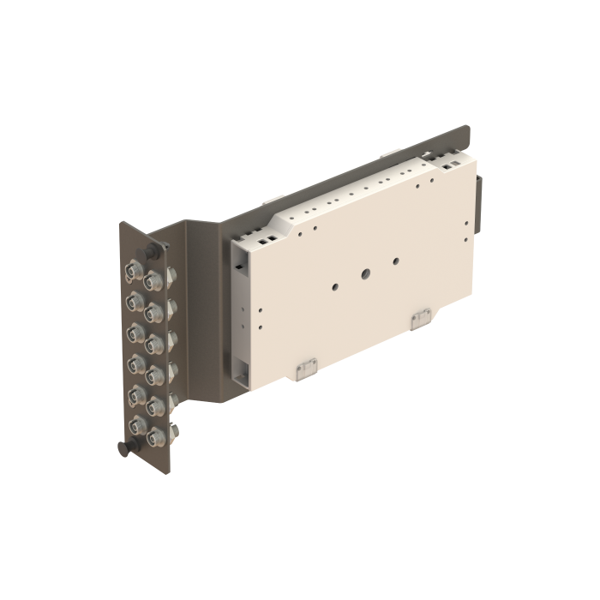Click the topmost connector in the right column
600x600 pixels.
point(153,280)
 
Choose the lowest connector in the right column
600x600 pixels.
point(155,437)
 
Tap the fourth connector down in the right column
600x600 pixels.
point(154,374)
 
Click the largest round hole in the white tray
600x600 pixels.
point(366,274)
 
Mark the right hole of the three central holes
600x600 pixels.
point(395,259)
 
